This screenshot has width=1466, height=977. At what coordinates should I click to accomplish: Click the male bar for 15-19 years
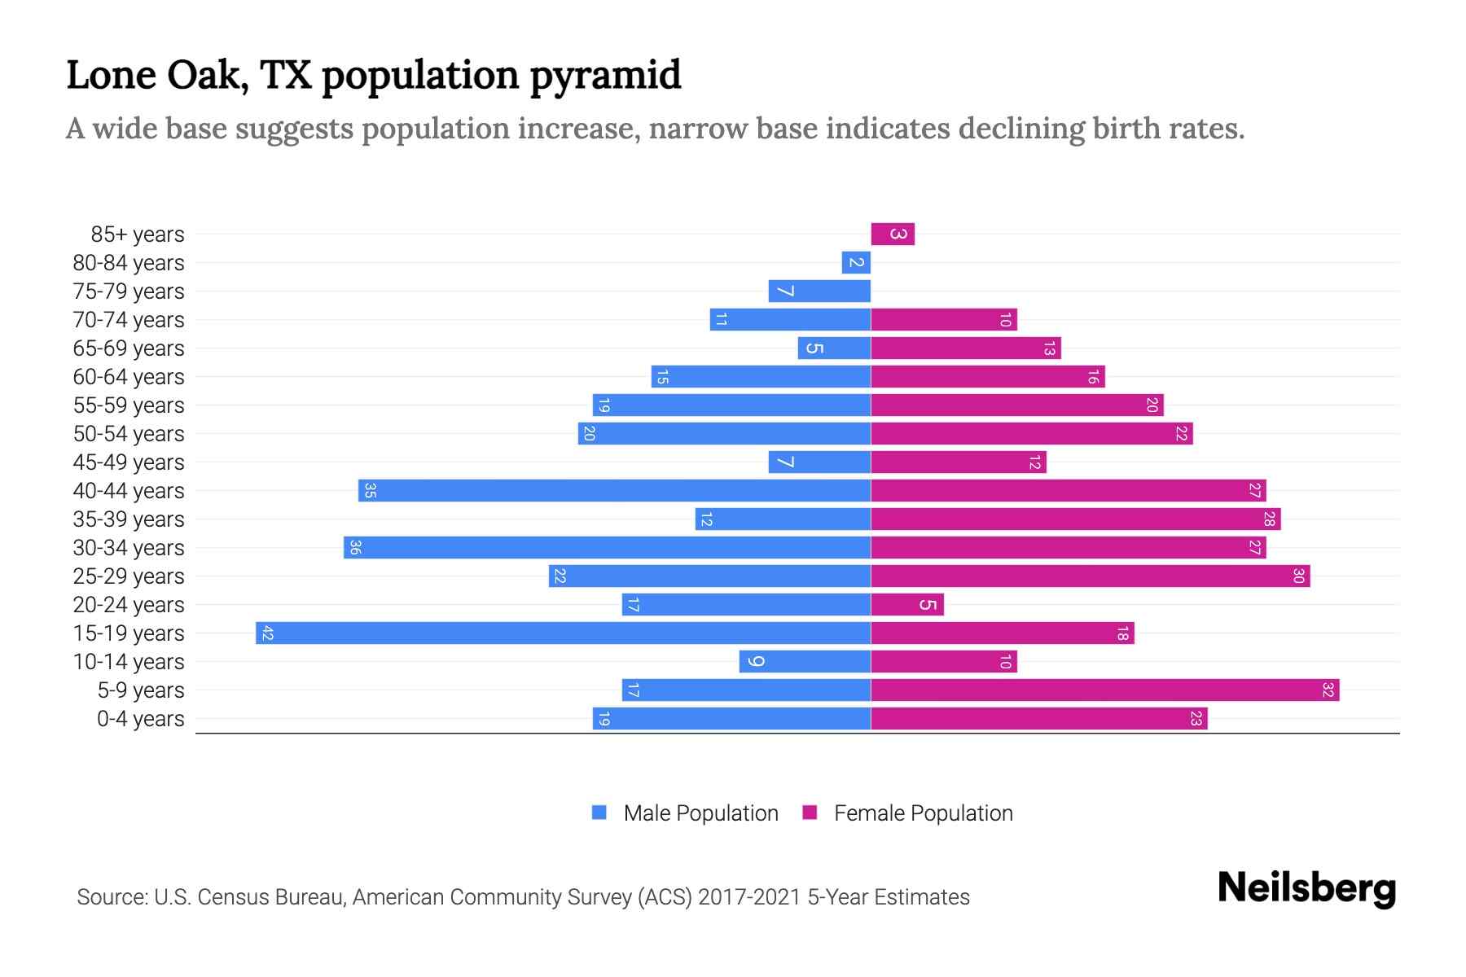563,633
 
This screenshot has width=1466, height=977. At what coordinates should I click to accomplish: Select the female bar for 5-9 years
1104,690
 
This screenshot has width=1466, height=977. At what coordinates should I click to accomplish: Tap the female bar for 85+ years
892,234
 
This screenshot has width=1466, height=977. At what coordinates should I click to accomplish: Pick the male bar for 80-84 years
856,263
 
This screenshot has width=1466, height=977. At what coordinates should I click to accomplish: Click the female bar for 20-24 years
906,605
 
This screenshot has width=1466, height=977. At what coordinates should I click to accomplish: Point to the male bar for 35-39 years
783,519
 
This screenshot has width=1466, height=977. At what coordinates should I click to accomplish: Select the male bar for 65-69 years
834,348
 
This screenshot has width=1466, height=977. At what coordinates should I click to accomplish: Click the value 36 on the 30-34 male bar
355,548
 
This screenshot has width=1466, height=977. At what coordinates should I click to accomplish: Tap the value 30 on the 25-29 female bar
1298,576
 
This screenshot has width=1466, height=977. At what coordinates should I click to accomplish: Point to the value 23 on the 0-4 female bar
1196,719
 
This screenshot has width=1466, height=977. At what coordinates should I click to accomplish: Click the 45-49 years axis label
129,462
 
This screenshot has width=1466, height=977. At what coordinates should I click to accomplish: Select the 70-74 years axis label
129,320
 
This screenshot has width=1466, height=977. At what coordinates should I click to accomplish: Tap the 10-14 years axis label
129,662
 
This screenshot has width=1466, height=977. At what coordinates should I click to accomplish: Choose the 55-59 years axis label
129,405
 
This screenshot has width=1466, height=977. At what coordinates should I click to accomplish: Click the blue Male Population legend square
599,813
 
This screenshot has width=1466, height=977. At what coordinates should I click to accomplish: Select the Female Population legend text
923,813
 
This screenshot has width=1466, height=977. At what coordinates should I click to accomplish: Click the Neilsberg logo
1306,888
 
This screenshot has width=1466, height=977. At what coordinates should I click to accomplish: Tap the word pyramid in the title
605,76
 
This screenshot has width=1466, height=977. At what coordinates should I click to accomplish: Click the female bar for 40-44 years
1068,491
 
